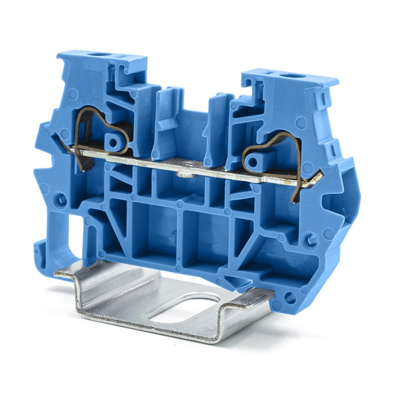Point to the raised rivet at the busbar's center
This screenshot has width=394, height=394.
coord(183,173)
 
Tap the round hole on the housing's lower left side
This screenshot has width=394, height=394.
coord(61,199)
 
